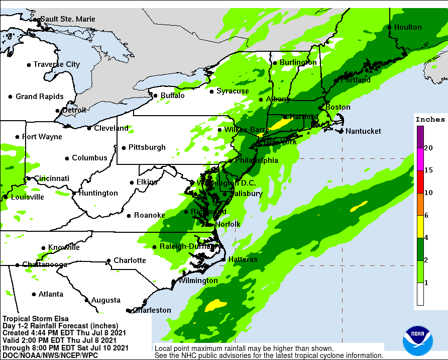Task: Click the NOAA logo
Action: (x=417, y=342)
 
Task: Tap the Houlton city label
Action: (x=408, y=27)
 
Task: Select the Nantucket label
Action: (x=363, y=131)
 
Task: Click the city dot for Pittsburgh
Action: (x=124, y=148)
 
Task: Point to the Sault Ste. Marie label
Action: (x=67, y=19)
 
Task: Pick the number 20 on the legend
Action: (x=428, y=148)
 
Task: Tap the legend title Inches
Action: (x=430, y=120)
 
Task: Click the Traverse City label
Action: (x=57, y=64)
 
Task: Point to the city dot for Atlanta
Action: (x=34, y=294)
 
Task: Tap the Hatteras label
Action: (x=243, y=259)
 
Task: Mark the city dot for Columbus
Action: (x=67, y=158)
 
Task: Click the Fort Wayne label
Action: (x=42, y=137)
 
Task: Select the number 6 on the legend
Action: (x=426, y=215)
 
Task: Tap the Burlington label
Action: (x=298, y=62)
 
